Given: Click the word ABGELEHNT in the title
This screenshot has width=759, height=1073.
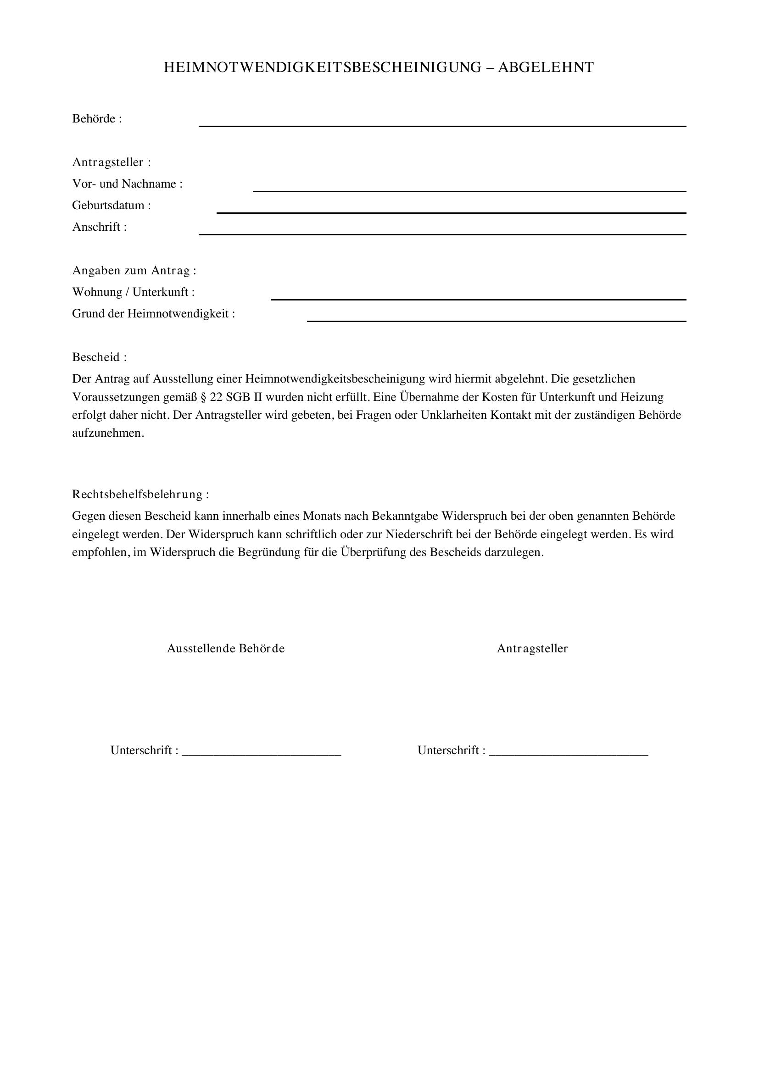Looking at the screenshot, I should pos(546,68).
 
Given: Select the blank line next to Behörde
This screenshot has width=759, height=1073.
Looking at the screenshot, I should pos(442,125).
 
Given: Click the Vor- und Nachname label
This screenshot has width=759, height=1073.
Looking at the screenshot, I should pos(127,183).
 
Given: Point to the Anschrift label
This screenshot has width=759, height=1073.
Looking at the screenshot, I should pos(99,227).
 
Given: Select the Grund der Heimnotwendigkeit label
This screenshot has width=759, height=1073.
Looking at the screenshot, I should pos(153,314).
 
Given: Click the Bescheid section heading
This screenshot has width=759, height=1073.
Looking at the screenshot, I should pos(99,357).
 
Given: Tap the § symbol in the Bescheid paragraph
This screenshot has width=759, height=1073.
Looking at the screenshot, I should pos(203,397).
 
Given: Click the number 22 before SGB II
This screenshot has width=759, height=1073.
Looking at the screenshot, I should pos(217,397).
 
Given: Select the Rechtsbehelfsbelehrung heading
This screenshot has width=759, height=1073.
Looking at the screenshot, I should pos(140,495).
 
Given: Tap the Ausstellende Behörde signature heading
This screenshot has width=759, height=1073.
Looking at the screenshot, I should pos(226,649).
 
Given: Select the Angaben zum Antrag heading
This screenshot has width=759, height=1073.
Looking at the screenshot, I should pos(134,271).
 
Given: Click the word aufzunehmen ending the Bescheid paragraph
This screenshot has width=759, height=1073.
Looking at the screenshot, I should pos(108,433).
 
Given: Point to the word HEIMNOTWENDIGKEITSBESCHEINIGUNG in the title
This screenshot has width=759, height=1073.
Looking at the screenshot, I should pos(322,68).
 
